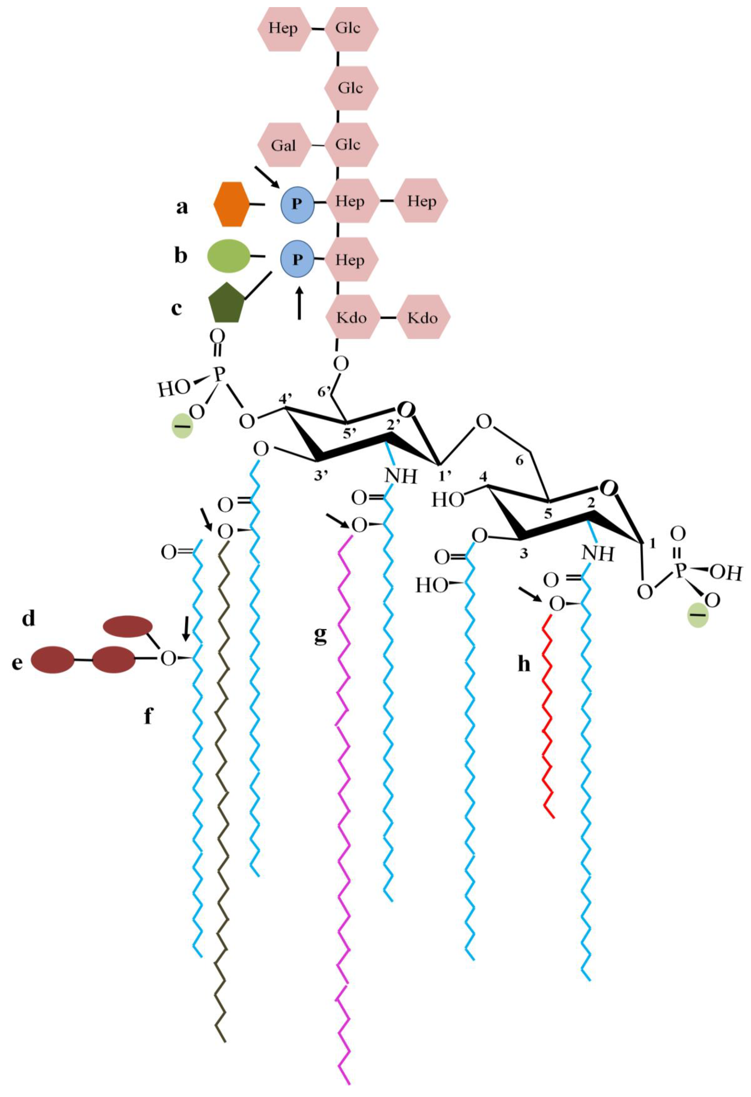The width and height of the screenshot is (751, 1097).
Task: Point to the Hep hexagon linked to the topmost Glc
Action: pyautogui.click(x=283, y=28)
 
